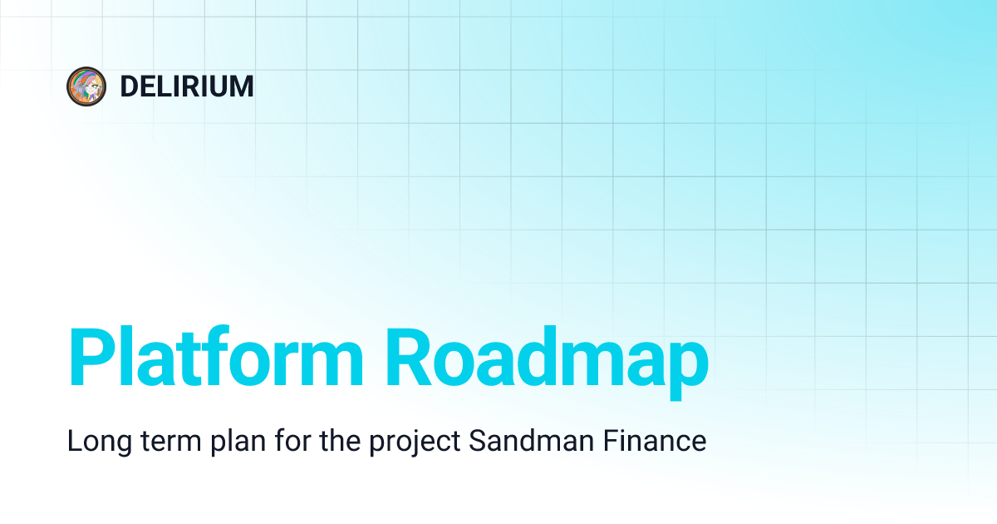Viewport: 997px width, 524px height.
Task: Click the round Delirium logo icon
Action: pos(86,87)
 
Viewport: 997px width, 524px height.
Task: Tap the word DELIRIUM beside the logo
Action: pos(187,87)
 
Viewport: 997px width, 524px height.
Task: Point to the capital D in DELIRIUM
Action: pos(128,87)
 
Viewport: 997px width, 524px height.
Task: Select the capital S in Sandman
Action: pos(477,442)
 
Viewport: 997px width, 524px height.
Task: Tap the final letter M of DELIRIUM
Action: pos(242,87)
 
